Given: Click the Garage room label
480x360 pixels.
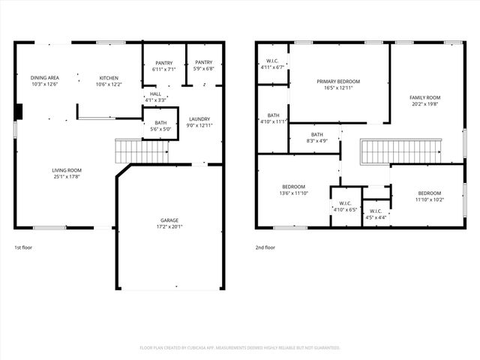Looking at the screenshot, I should click(169, 223).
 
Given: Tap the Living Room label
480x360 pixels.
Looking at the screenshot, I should click(67, 173).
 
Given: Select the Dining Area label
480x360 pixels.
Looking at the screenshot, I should click(45, 80).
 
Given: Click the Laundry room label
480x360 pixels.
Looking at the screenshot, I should click(199, 121).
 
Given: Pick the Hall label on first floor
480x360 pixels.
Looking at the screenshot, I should click(155, 97).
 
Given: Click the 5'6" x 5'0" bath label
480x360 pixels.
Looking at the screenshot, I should click(160, 126).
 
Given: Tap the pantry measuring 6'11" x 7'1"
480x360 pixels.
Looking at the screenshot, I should click(164, 66).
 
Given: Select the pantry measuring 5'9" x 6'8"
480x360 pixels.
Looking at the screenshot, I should click(203, 66).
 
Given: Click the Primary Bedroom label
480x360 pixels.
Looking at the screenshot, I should click(338, 84).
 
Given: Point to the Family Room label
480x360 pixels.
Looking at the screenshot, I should click(424, 100).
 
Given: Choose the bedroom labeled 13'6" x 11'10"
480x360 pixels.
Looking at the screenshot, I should click(293, 190).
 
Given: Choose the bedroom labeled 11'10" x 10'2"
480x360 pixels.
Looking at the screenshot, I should click(430, 196).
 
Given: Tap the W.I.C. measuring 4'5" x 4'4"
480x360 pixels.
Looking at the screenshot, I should click(376, 214).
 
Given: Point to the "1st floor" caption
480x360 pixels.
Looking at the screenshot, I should click(23, 247).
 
